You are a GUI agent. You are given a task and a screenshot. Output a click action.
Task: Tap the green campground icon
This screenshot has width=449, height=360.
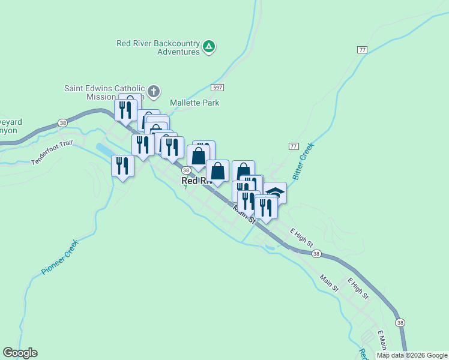pyautogui.click(x=209, y=46)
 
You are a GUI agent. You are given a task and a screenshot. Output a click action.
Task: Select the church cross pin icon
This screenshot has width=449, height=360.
pyautogui.click(x=154, y=92)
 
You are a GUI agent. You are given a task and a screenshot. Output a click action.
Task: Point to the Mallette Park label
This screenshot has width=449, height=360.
pyautogui.click(x=194, y=103)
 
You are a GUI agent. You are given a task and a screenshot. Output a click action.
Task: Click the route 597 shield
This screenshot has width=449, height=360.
pyautogui.click(x=218, y=88)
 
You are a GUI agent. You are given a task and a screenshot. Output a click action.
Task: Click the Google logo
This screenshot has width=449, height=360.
pyautogui.click(x=20, y=353)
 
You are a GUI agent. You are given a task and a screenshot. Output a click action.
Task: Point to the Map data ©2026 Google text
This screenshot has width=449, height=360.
pyautogui.click(x=412, y=355)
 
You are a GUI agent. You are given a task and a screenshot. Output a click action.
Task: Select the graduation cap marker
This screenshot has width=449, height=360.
pyautogui.click(x=276, y=192)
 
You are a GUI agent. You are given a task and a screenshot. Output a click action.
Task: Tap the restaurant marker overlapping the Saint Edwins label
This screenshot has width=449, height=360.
pyautogui.click(x=126, y=109)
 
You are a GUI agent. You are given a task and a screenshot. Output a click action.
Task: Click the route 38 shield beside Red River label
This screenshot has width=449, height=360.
pyautogui.click(x=186, y=170)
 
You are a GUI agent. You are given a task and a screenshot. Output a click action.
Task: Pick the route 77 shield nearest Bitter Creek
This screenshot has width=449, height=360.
pyautogui.click(x=294, y=146)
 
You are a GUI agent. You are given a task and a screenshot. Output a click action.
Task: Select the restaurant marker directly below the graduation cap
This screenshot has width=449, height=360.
pyautogui.click(x=266, y=207)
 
